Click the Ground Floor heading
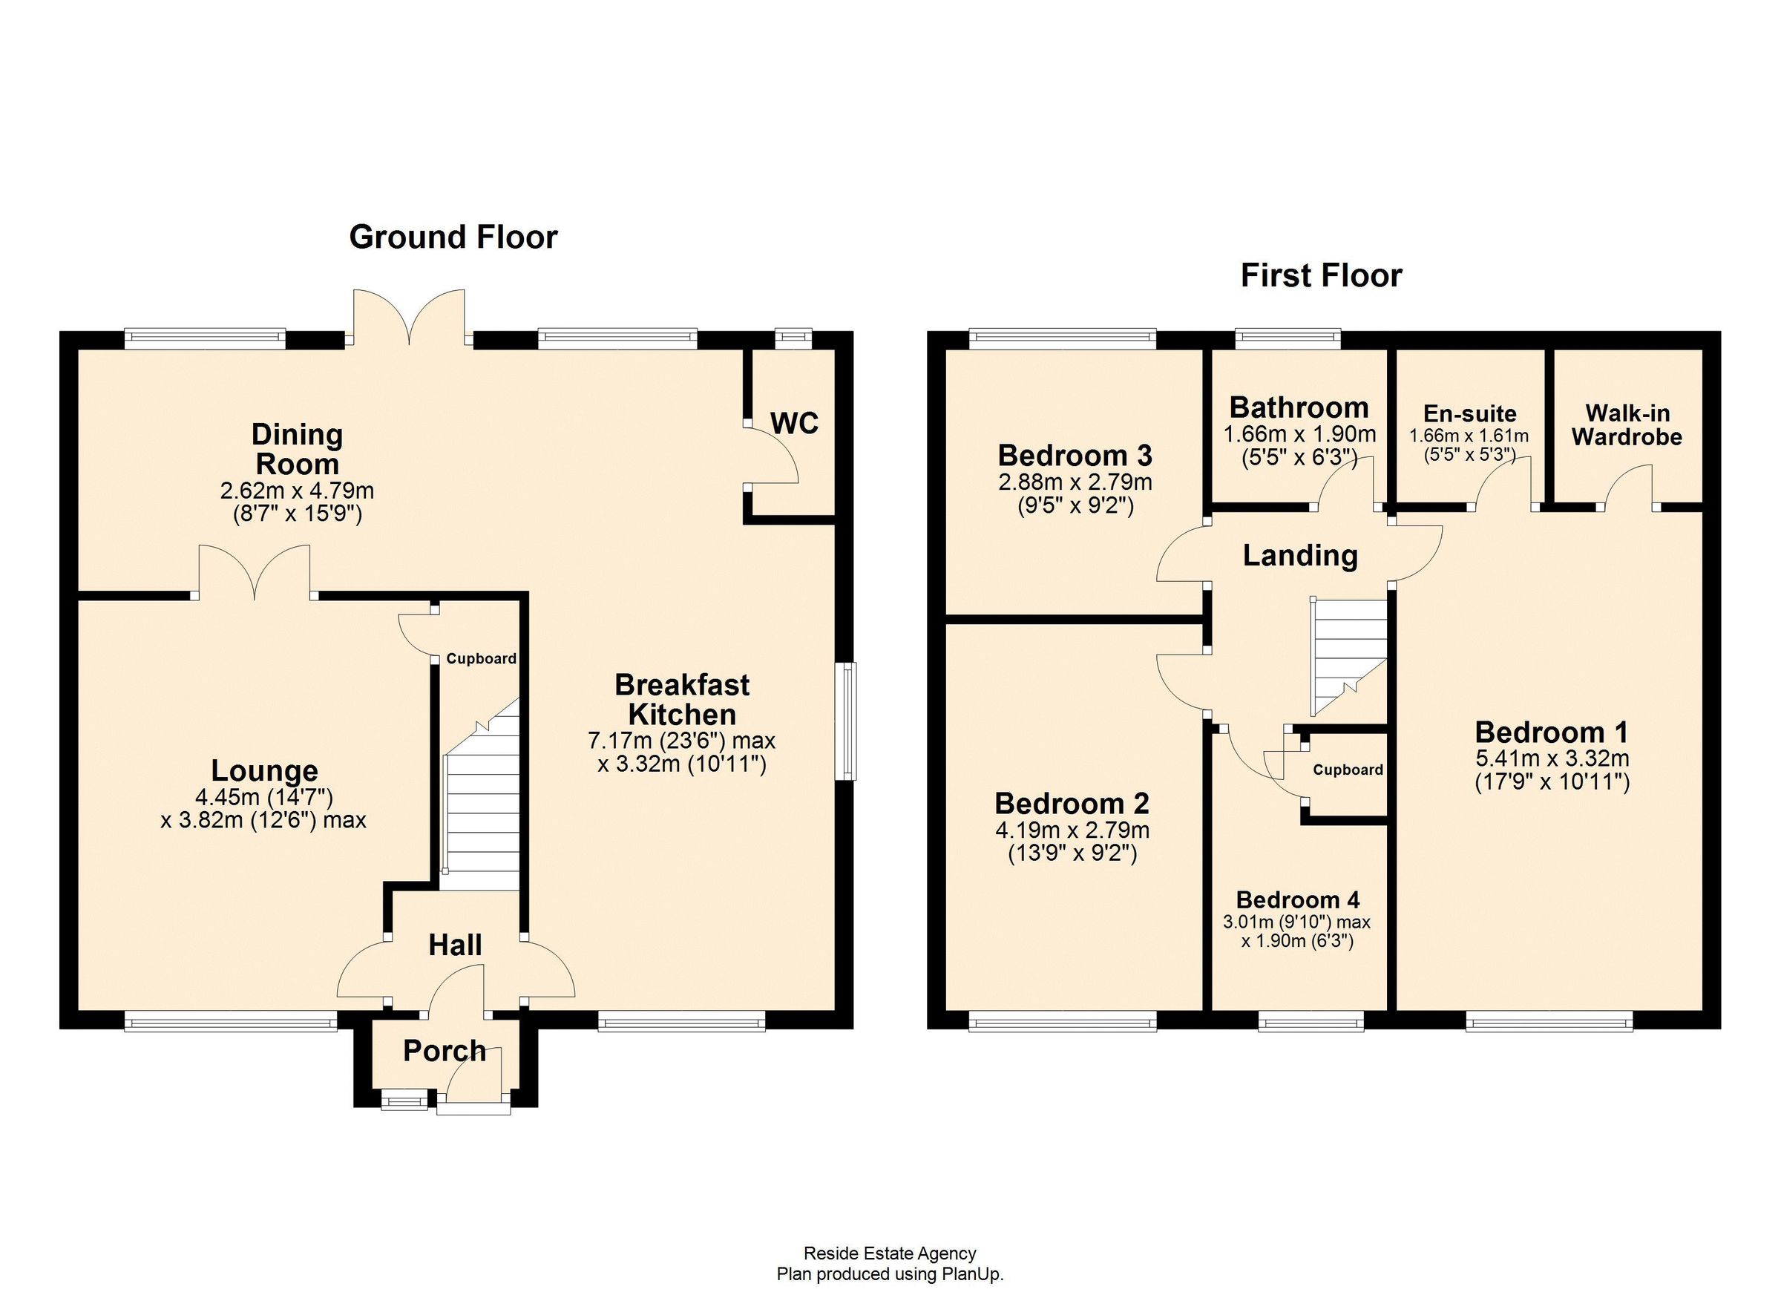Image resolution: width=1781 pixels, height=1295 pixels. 453,237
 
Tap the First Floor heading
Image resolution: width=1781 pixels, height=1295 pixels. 1321,275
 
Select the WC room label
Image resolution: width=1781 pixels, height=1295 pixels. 795,423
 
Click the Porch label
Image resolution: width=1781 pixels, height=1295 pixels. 445,1051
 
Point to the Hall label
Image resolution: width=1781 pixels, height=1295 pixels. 456,945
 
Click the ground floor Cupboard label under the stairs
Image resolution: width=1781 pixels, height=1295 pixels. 482,658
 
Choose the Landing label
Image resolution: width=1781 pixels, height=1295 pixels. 1299,555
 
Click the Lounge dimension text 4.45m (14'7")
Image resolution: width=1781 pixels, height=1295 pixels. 265,797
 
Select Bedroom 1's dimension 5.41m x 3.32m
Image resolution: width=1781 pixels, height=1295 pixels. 1551,758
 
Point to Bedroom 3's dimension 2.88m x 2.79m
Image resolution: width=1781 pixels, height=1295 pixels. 1075,482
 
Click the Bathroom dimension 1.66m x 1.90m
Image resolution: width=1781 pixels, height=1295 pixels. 1299,434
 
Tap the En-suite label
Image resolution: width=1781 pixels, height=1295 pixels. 1470,413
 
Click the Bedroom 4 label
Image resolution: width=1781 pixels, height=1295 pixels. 1298,899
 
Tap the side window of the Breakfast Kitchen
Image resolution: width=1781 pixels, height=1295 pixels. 846,720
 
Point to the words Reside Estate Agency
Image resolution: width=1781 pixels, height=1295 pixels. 890,1253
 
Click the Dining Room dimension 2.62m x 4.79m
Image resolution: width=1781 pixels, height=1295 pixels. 297,491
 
